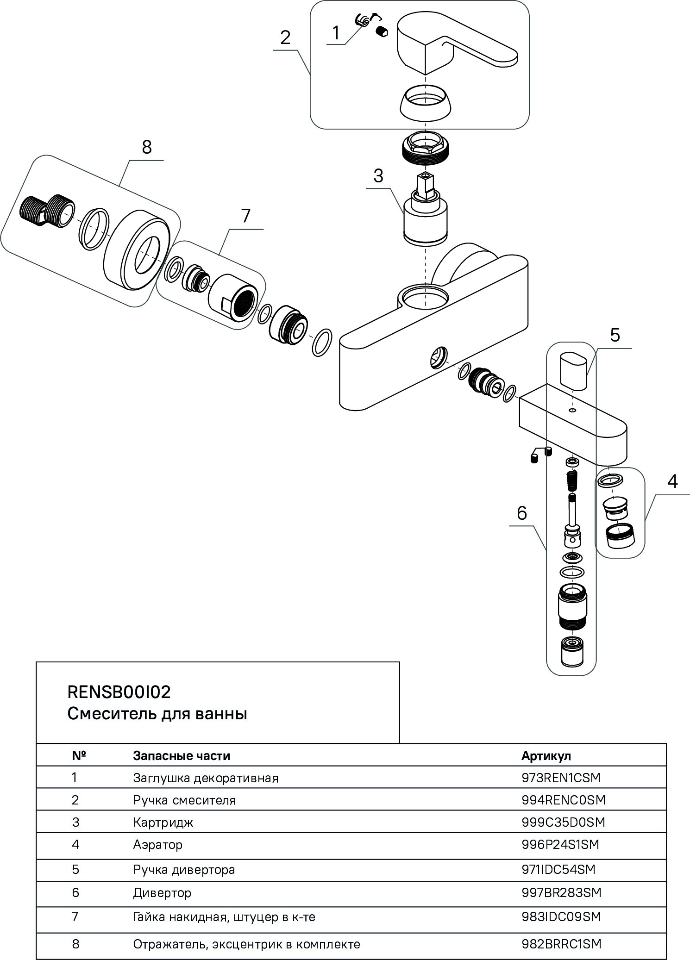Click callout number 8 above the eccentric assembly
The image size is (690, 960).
146,148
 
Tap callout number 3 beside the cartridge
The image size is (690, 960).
378,176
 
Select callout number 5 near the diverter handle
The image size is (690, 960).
615,335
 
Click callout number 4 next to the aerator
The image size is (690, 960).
672,481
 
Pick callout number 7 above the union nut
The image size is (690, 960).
245,216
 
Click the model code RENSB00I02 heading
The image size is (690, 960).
119,692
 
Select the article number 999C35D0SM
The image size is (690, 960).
563,822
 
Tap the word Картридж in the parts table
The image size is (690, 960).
163,822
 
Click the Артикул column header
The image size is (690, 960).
546,756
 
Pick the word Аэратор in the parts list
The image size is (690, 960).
158,845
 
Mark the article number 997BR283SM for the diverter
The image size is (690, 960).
561,892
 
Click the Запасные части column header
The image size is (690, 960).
182,756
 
